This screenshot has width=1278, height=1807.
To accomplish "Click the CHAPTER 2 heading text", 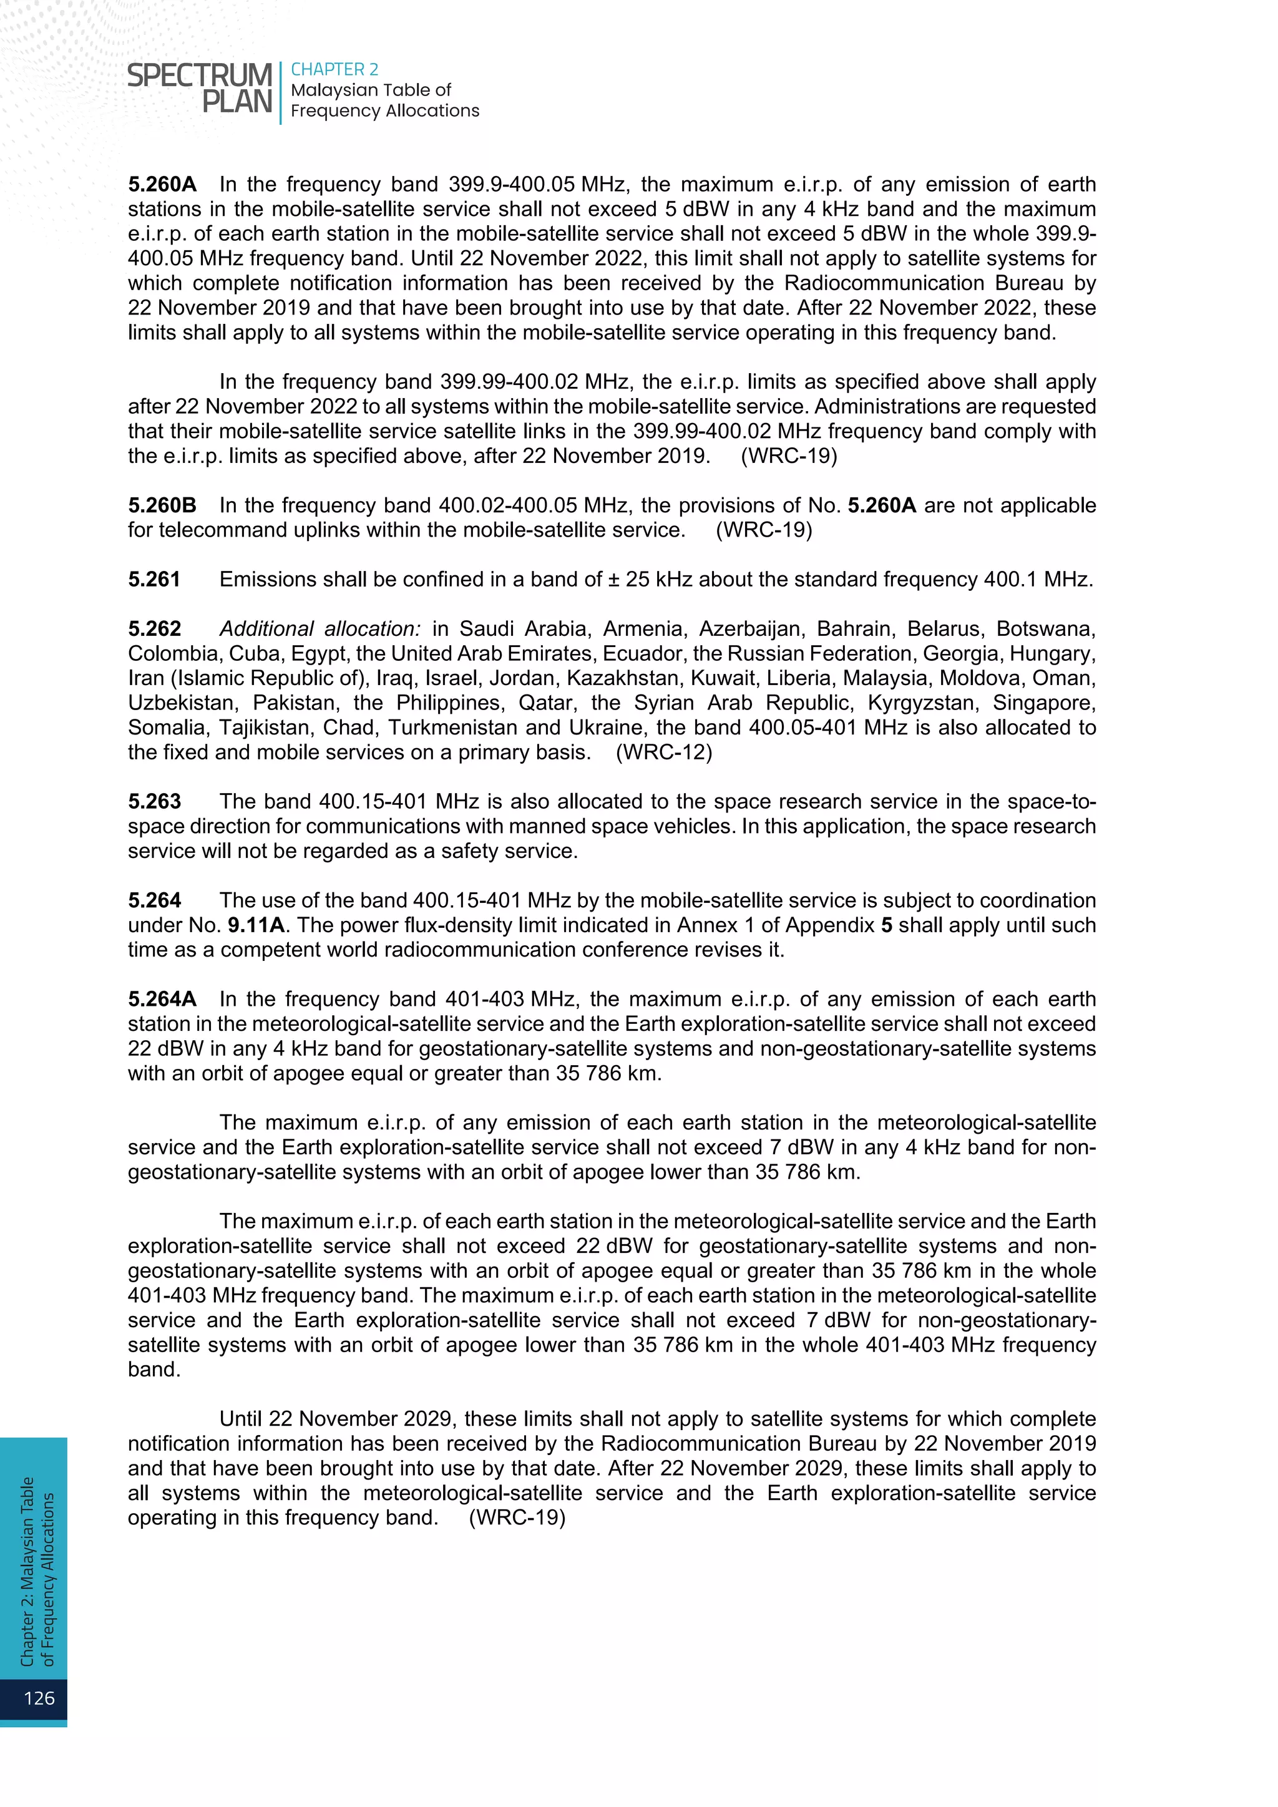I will [x=334, y=69].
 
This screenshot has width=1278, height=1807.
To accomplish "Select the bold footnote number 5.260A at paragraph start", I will [x=162, y=184].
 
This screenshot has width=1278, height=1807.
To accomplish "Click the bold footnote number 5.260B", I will [x=162, y=505].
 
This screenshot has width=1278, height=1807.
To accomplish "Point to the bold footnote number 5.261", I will [x=154, y=579].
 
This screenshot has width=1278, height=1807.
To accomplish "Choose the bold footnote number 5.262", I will [x=154, y=629].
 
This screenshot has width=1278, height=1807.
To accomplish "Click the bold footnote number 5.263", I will [x=154, y=801].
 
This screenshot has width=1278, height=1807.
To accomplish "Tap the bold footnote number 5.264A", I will [x=162, y=999].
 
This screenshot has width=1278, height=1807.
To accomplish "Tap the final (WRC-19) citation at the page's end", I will [x=517, y=1517].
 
